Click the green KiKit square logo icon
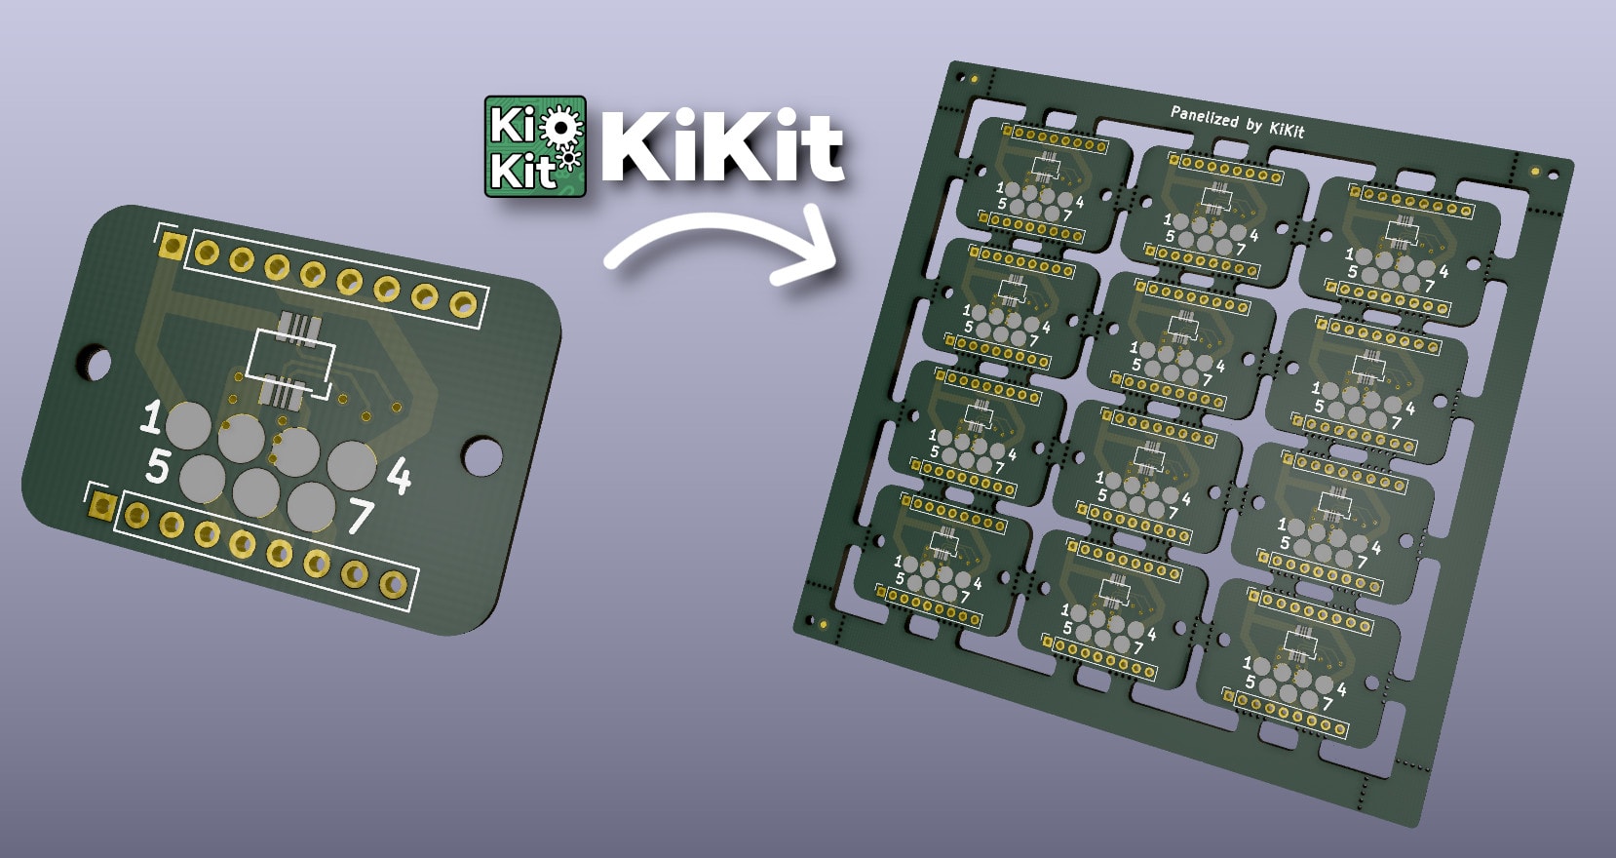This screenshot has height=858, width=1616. pyautogui.click(x=535, y=146)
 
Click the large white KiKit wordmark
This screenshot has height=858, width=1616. pyautogui.click(x=721, y=147)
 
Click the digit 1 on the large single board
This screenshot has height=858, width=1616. pyautogui.click(x=151, y=417)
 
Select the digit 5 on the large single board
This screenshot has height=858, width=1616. pyautogui.click(x=157, y=466)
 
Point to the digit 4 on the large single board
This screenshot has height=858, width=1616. pyautogui.click(x=399, y=477)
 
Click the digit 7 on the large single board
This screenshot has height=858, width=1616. pyautogui.click(x=360, y=517)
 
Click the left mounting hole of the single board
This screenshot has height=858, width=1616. pyautogui.click(x=95, y=362)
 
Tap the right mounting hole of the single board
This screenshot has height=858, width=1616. pyautogui.click(x=481, y=454)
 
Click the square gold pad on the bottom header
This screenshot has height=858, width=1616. pyautogui.click(x=102, y=505)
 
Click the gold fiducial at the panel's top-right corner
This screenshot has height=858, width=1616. pyautogui.click(x=1536, y=171)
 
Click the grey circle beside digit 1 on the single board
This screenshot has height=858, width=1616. pyautogui.click(x=188, y=425)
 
